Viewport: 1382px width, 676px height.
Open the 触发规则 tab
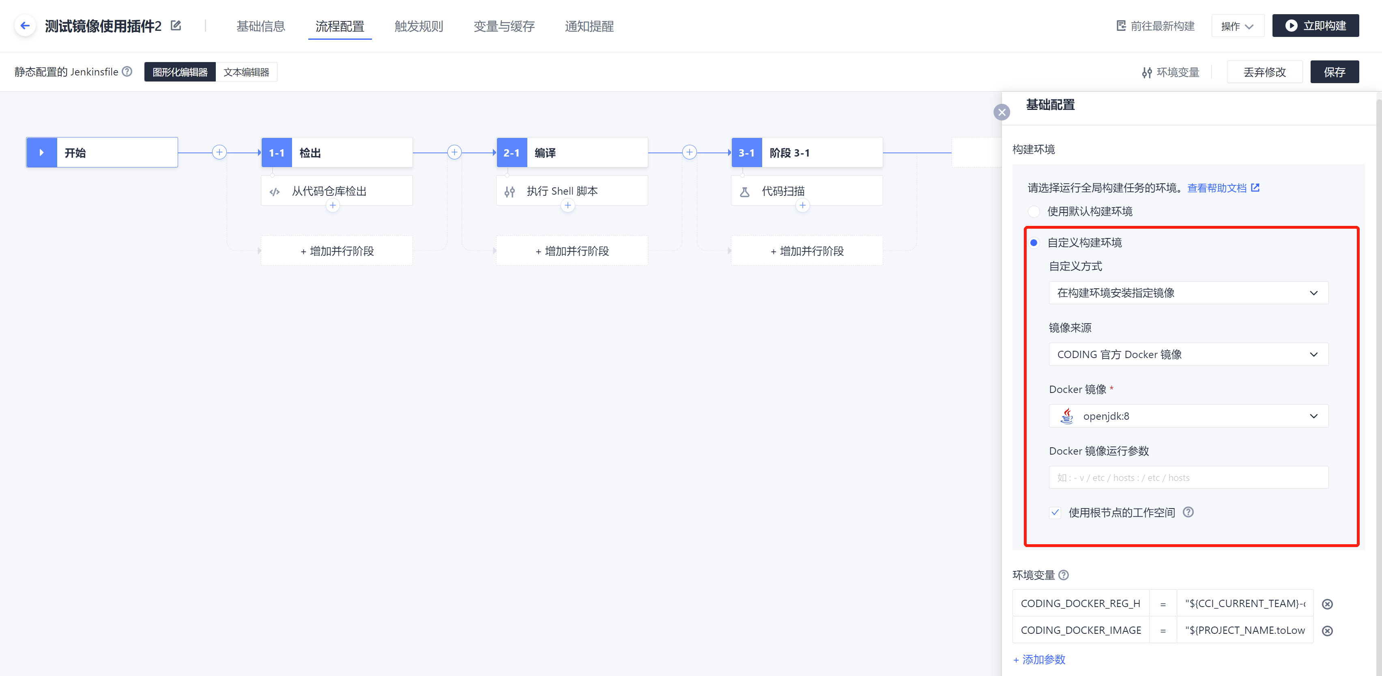coord(419,26)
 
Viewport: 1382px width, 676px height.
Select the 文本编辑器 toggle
coord(246,72)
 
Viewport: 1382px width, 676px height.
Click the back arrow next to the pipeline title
coord(25,26)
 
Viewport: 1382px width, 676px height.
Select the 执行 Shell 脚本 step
coord(572,191)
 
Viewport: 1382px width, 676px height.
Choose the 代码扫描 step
coord(806,191)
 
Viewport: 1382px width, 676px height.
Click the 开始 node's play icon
coord(42,152)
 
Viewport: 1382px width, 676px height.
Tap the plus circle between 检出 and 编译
coord(454,152)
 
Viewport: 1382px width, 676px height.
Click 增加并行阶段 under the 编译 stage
coord(572,251)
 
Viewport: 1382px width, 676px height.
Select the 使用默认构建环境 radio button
coord(1034,211)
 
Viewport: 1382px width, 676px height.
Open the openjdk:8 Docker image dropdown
coord(1189,416)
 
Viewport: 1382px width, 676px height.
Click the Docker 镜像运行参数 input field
coord(1189,477)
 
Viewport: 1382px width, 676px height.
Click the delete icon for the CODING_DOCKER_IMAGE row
coord(1327,631)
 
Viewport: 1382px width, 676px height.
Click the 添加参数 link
coord(1039,659)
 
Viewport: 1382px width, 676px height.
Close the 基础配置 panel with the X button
coord(1002,112)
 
